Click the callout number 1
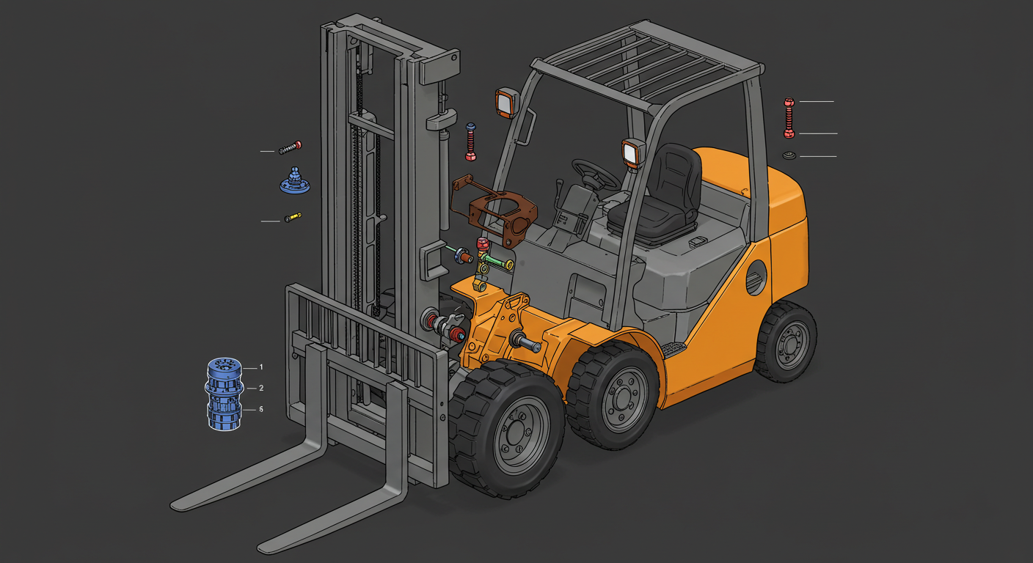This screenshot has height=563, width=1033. tap(261, 367)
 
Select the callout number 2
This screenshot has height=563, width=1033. tap(261, 389)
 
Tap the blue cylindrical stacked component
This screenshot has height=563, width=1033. tap(224, 394)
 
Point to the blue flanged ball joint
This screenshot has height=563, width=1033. tap(295, 180)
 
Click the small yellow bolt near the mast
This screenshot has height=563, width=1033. tap(293, 217)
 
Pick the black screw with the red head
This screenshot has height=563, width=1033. tap(290, 148)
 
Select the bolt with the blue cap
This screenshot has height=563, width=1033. tap(471, 142)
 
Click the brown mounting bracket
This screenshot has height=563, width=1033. tap(496, 210)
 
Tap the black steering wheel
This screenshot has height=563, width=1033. tap(596, 174)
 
